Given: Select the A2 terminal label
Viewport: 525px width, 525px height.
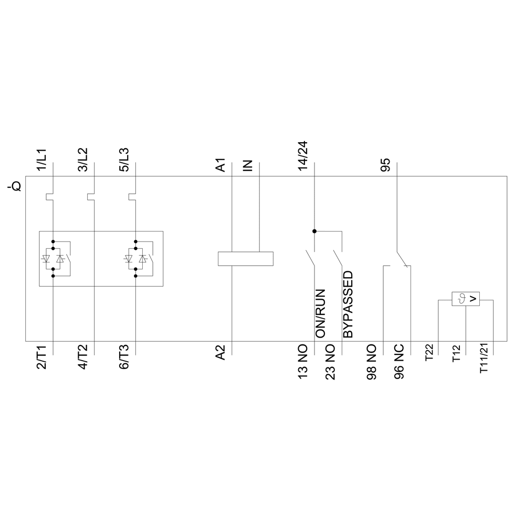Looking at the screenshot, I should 221,352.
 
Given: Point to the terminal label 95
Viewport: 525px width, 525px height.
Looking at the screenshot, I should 386,166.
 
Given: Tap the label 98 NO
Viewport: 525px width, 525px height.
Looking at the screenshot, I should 372,362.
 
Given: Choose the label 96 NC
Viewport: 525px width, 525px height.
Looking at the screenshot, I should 400,362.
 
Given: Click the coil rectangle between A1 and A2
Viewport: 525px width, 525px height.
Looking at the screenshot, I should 246,258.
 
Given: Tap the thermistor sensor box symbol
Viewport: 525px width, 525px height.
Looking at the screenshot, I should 466,299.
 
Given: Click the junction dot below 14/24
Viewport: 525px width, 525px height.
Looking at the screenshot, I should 314,231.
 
